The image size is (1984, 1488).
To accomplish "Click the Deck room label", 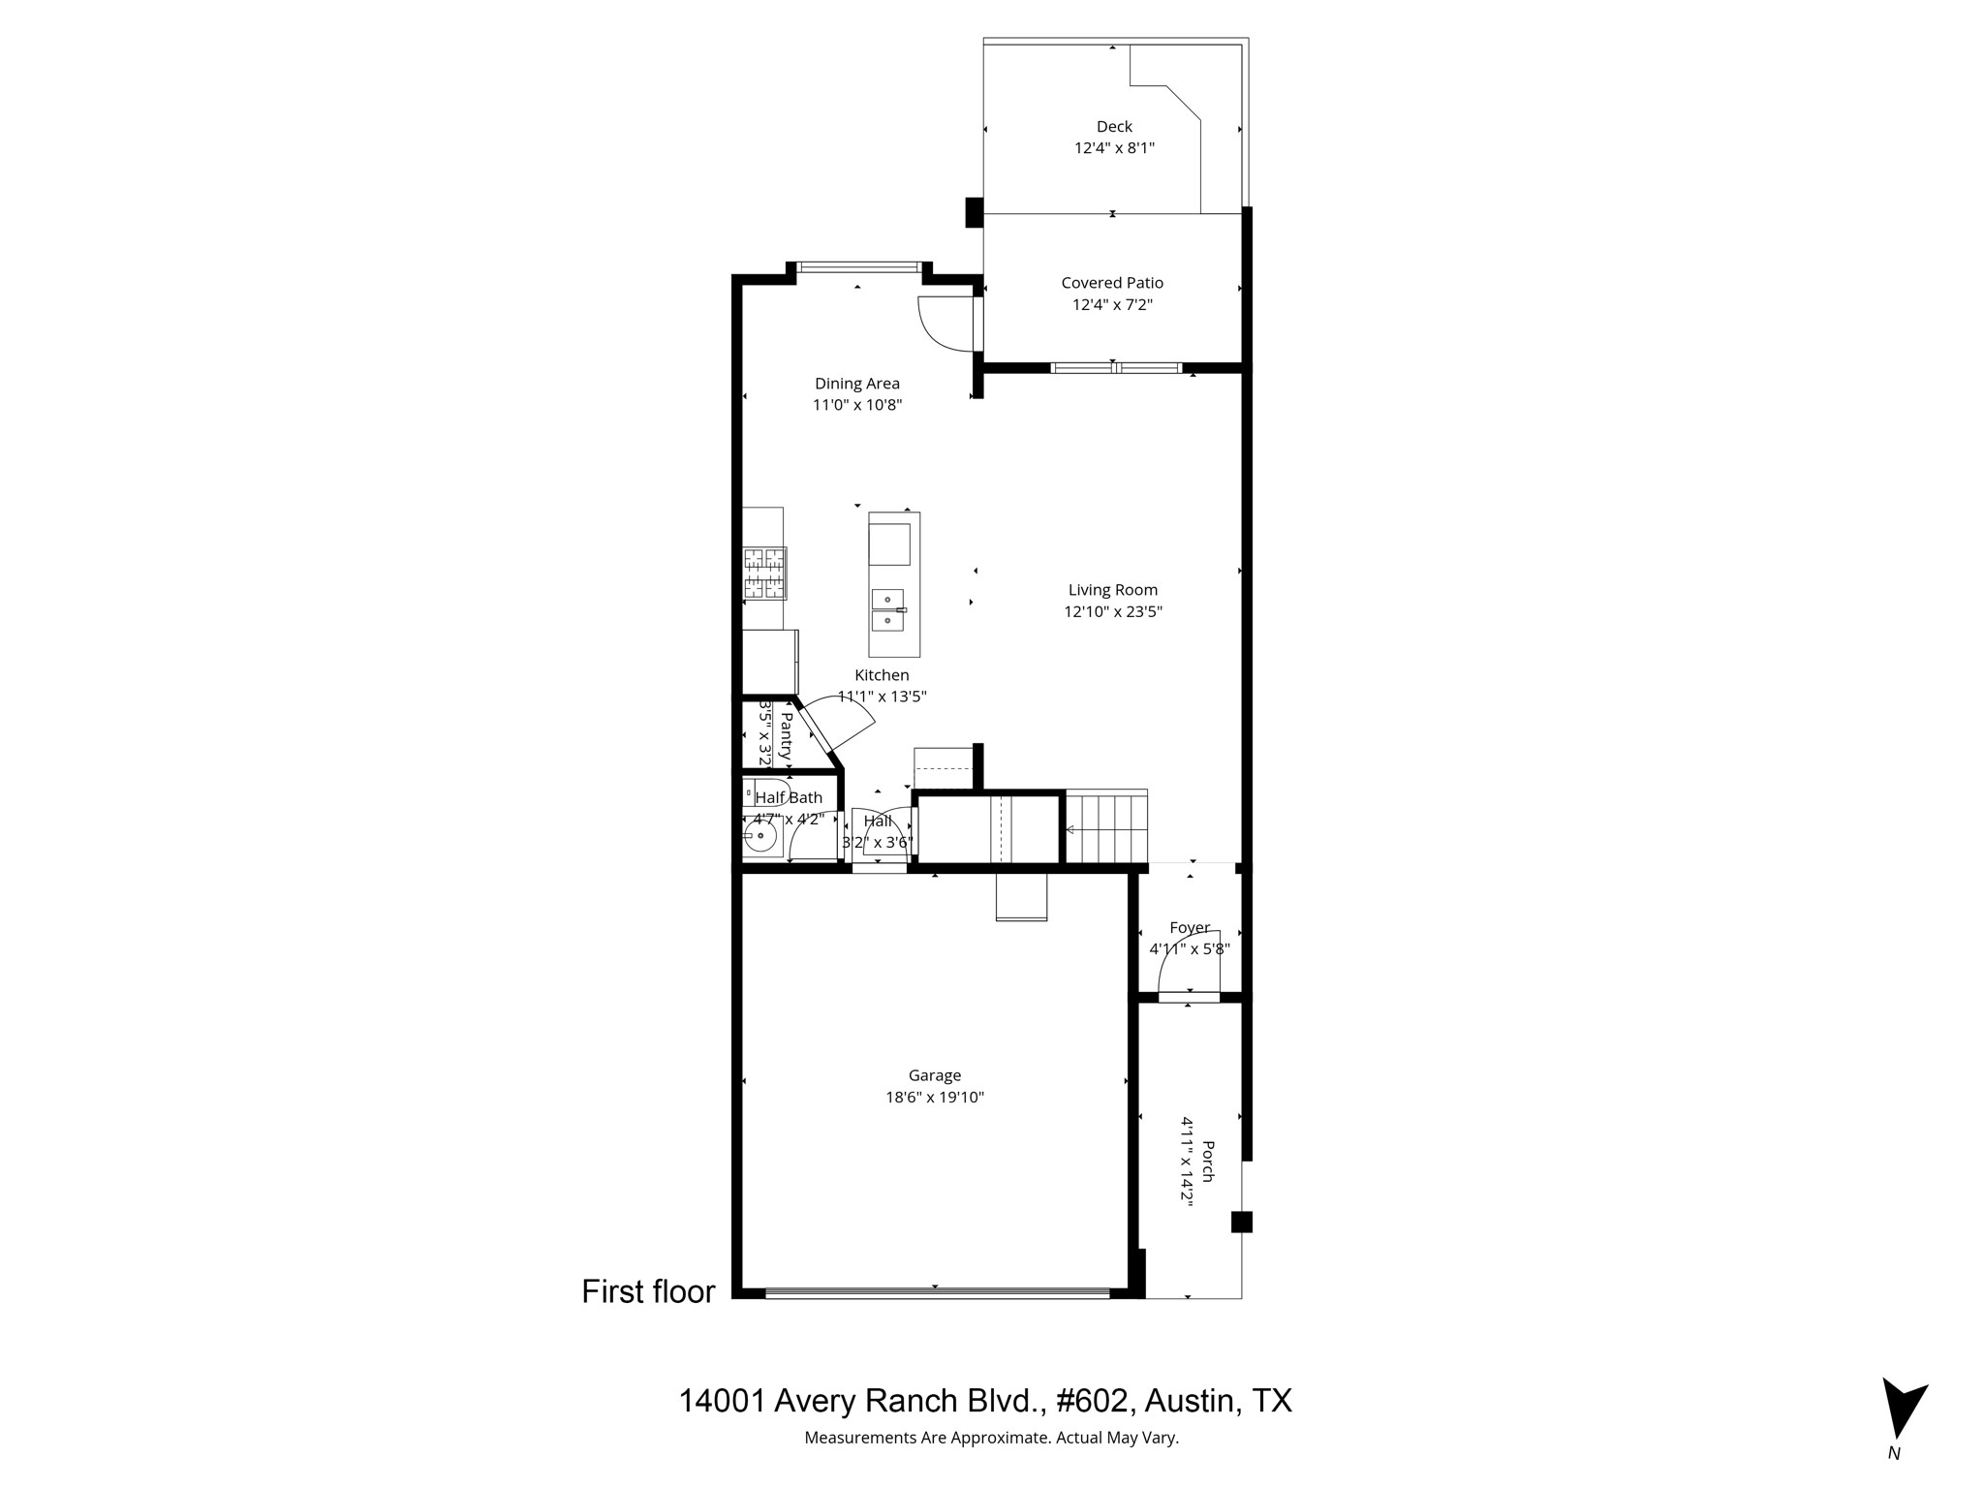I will (1114, 126).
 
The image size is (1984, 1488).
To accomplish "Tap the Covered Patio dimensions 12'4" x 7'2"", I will (1112, 305).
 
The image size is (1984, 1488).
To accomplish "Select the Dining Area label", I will (856, 384).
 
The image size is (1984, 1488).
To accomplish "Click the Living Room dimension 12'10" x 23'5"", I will (1112, 611).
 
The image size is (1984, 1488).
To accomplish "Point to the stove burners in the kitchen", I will (764, 573).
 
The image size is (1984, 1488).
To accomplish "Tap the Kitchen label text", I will (882, 675).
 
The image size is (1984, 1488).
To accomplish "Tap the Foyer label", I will (1190, 927).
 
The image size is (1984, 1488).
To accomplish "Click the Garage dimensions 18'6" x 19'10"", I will (934, 1098).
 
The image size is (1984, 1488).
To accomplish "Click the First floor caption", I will (648, 1291).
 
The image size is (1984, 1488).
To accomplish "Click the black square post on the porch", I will (1241, 1222).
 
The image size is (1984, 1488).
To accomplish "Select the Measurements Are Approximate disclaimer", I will (991, 1438).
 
